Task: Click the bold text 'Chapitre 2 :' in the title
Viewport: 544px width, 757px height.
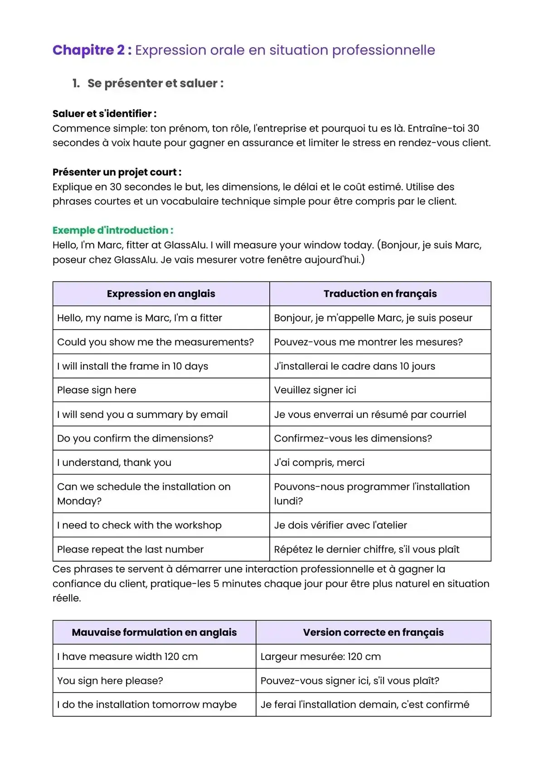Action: pyautogui.click(x=92, y=50)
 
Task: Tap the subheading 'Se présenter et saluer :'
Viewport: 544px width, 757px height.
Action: pyautogui.click(x=155, y=83)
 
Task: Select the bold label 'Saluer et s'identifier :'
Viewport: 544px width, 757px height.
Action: pyautogui.click(x=104, y=114)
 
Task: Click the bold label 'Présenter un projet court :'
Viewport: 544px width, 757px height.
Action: pyautogui.click(x=117, y=172)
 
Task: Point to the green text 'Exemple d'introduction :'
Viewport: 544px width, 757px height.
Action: pyautogui.click(x=113, y=230)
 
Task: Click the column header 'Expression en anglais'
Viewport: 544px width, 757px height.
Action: pyautogui.click(x=161, y=294)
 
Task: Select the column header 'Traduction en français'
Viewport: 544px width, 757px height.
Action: pyautogui.click(x=380, y=294)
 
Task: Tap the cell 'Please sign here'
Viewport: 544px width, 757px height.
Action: pyautogui.click(x=97, y=390)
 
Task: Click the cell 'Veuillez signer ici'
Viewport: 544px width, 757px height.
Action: pyautogui.click(x=315, y=390)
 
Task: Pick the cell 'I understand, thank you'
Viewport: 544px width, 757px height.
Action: pyautogui.click(x=114, y=463)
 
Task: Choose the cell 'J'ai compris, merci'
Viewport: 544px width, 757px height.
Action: pyautogui.click(x=319, y=463)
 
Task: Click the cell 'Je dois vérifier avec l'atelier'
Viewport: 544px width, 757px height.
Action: pyautogui.click(x=340, y=525)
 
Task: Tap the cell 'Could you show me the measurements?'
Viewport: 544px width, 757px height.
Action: pyautogui.click(x=155, y=342)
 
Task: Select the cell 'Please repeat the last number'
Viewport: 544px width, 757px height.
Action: pyautogui.click(x=131, y=549)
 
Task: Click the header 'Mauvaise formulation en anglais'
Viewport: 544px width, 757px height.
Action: pyautogui.click(x=154, y=632)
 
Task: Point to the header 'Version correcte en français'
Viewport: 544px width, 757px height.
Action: pyautogui.click(x=373, y=632)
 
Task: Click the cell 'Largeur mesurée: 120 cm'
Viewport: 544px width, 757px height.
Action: pyautogui.click(x=321, y=657)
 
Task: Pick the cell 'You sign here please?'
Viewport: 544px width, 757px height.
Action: pyautogui.click(x=110, y=681)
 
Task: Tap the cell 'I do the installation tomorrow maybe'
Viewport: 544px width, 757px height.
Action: pyautogui.click(x=147, y=705)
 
